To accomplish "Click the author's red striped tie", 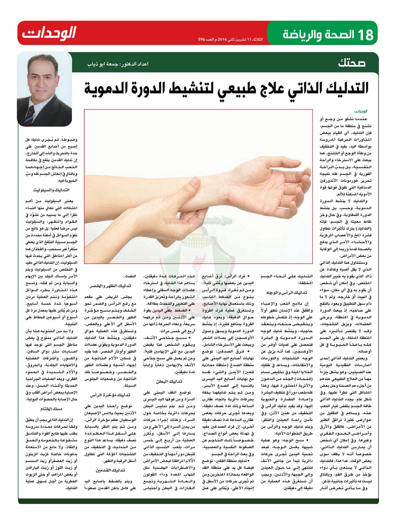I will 29,117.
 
